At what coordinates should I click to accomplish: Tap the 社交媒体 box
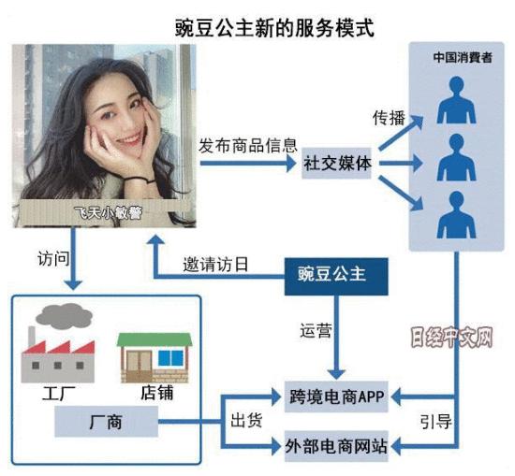(x=338, y=162)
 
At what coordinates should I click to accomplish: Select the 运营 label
(x=316, y=330)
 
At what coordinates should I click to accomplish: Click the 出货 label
(x=245, y=421)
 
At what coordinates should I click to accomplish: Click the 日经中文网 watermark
(x=450, y=335)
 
